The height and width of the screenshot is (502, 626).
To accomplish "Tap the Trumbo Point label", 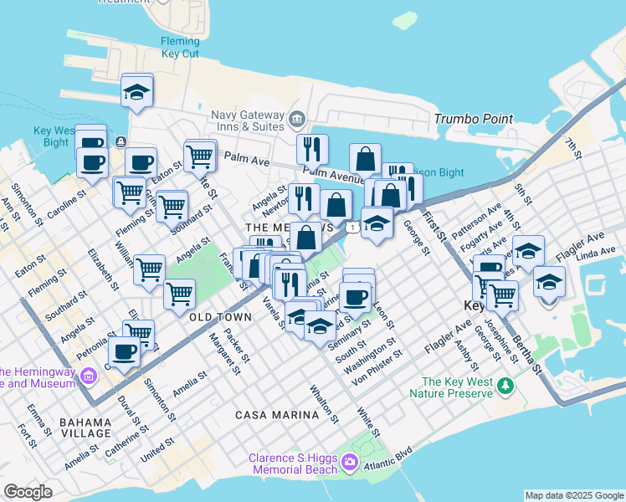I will [473, 119].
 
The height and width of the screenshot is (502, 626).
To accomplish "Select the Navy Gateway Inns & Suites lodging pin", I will [296, 120].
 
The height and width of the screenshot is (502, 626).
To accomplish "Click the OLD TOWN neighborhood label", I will [221, 318].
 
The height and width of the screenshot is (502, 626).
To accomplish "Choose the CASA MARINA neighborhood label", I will [273, 415].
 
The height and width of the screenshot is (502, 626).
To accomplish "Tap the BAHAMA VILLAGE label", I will [85, 428].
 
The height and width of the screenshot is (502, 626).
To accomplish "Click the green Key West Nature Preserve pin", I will [505, 386].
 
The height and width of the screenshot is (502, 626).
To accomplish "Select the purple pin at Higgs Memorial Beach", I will [350, 462].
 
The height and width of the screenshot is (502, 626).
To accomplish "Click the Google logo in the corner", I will [28, 492].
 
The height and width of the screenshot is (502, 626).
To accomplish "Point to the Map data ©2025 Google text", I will [574, 495].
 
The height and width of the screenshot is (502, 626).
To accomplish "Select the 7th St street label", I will [572, 147].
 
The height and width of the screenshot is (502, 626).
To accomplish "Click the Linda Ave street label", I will [595, 253].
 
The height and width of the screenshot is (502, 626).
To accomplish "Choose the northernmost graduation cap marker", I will [136, 91].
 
